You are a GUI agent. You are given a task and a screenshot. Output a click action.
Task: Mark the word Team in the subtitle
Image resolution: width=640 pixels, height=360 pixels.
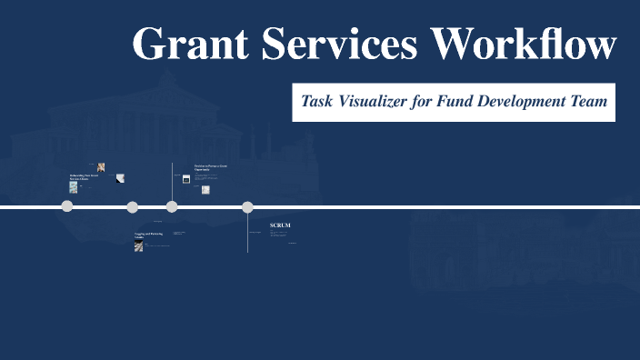click(589, 102)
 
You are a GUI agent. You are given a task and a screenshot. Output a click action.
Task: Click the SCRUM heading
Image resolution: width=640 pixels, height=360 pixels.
click(280, 225)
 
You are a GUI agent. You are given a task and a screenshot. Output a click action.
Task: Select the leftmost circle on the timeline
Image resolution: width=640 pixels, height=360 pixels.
click(67, 207)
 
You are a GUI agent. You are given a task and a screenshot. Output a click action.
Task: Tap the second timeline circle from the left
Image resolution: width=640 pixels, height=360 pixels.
click(133, 207)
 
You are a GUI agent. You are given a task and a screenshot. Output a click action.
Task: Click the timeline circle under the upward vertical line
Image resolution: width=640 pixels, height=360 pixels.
click(172, 207)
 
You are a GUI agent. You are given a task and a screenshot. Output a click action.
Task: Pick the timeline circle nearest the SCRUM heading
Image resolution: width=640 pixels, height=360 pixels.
click(247, 207)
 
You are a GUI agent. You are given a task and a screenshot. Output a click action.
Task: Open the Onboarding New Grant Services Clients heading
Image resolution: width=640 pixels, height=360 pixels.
click(83, 176)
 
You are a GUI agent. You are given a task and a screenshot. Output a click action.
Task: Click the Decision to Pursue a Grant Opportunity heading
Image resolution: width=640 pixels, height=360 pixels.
click(210, 167)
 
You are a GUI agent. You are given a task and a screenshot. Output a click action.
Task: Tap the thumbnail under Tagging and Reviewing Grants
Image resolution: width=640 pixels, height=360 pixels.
click(138, 245)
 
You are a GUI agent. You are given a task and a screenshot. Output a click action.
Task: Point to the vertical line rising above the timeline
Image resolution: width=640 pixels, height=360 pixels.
click(172, 182)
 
